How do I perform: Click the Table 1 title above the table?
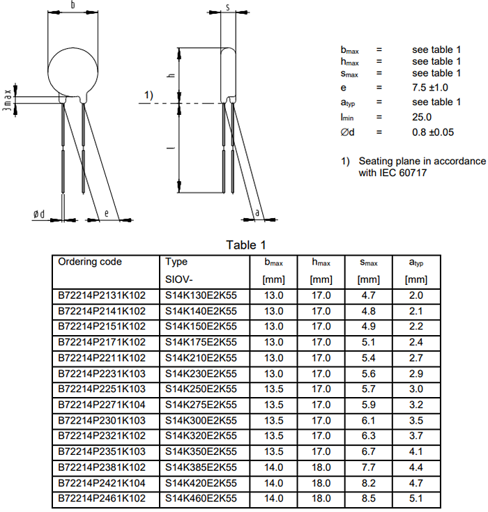[246, 245]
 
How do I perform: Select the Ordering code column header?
[90, 262]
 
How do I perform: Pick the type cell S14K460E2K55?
[201, 499]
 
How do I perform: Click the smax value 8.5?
[369, 499]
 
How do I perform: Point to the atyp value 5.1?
[416, 499]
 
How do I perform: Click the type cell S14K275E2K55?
[201, 405]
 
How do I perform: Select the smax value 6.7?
[369, 452]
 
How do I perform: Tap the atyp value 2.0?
[416, 295]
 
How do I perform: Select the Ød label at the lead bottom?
[39, 214]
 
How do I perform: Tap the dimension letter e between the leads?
[106, 213]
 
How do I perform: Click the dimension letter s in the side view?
[228, 6]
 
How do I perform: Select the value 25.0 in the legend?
[422, 117]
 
